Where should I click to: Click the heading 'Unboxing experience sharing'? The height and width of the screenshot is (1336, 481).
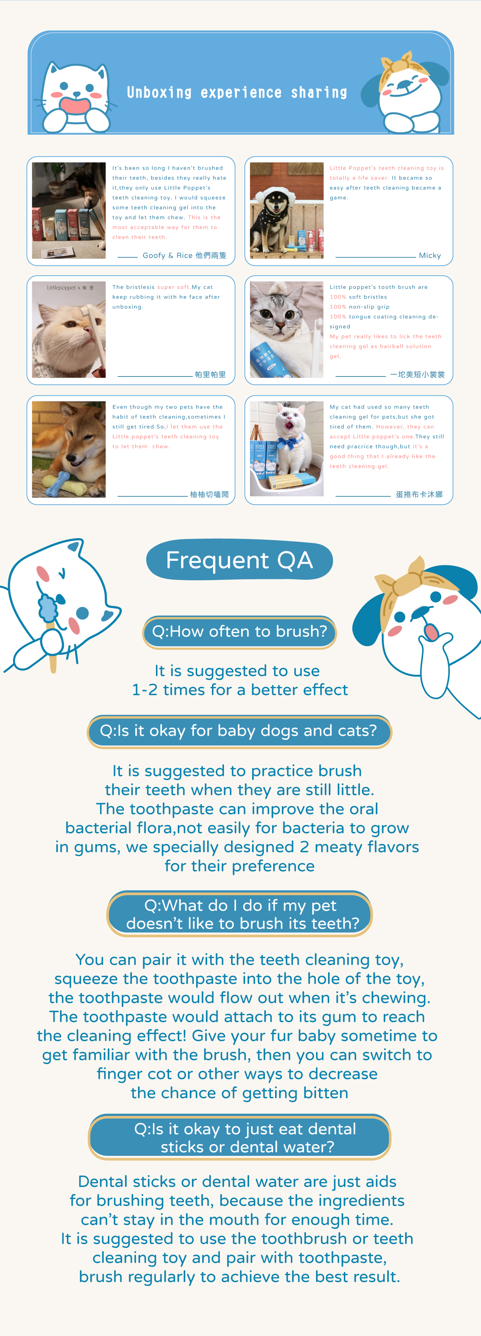pos(237,92)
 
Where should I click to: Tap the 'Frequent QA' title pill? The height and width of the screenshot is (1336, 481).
pos(239,560)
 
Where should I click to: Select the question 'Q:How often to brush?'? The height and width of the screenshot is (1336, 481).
pos(239,632)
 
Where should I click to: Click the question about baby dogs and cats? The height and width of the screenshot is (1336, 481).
pos(239,731)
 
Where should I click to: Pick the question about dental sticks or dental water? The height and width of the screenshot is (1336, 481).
pos(239,1137)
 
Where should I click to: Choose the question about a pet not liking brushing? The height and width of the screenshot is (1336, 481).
pos(239,914)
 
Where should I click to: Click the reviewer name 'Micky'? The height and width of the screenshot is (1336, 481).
pos(430,255)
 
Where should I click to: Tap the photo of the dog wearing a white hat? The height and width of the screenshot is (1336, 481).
pos(287,211)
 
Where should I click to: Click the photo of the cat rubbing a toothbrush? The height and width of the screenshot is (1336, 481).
pos(69,329)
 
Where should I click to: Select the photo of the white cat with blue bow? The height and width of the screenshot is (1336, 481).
pos(287,449)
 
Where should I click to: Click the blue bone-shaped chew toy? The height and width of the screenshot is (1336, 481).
pos(56,483)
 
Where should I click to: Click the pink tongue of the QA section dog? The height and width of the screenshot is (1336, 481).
pos(431,631)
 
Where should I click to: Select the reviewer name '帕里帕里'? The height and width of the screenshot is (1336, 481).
pos(210,375)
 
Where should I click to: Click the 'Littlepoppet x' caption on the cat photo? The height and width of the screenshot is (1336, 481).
pos(62,287)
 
